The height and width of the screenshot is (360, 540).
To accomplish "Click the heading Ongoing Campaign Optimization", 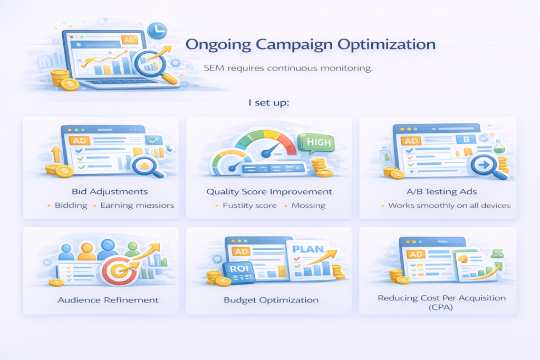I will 311,44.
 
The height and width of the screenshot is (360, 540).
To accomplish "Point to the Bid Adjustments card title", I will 101,191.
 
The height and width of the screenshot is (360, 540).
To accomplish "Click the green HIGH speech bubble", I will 315,142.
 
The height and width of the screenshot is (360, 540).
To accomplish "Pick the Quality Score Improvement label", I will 269,191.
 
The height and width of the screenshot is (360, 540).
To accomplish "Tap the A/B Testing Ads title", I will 438,191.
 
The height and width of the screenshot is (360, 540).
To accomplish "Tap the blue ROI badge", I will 235,269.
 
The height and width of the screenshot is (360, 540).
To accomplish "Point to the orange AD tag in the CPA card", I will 417,254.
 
